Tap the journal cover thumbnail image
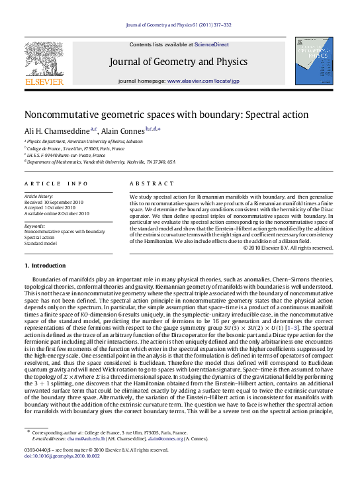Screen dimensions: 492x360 tap(314, 61)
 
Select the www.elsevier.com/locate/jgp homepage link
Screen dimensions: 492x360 tap(207, 80)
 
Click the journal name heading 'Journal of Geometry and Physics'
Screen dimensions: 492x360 tap(179, 62)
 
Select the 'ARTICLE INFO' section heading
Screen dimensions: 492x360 tap(56, 183)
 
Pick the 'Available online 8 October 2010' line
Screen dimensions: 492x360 tap(56, 213)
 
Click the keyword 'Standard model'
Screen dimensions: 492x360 tap(41, 242)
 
